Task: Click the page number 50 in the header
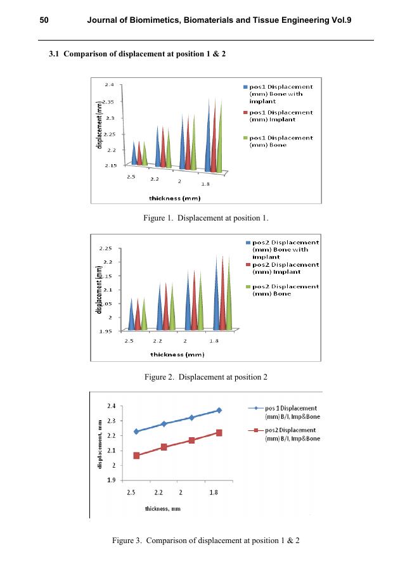(x=44, y=21)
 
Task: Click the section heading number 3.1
(x=56, y=54)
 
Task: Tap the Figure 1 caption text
(x=206, y=219)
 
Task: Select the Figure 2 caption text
(x=206, y=377)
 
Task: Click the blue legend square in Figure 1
(x=246, y=87)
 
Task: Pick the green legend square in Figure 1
(x=246, y=138)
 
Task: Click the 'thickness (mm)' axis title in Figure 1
(x=174, y=198)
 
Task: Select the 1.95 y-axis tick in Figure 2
(x=105, y=331)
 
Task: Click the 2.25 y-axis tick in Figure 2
(x=105, y=248)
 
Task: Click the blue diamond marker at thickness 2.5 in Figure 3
(x=136, y=432)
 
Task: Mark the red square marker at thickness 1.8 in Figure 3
(x=219, y=433)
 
